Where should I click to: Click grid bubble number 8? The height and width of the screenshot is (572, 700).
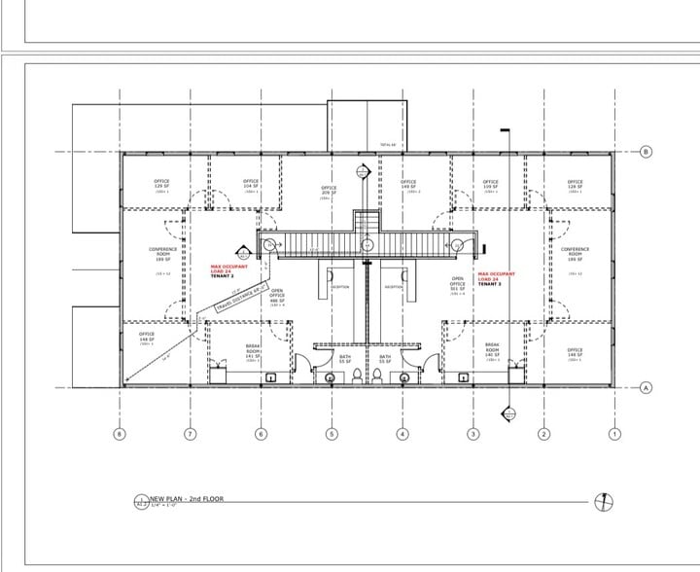pyautogui.click(x=120, y=433)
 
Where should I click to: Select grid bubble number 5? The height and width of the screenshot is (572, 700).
pyautogui.click(x=332, y=433)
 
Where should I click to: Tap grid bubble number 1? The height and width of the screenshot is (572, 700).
pyautogui.click(x=613, y=433)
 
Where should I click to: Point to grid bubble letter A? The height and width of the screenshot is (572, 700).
pyautogui.click(x=646, y=387)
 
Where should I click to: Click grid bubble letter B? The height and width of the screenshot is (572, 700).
pyautogui.click(x=646, y=152)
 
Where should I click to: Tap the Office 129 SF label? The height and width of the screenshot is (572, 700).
pyautogui.click(x=161, y=183)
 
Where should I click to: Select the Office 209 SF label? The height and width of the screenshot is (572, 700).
pyautogui.click(x=329, y=192)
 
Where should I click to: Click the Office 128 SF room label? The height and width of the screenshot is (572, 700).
pyautogui.click(x=575, y=184)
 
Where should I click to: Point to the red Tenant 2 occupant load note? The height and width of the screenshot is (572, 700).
pyautogui.click(x=228, y=269)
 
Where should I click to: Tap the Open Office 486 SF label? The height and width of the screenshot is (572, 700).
pyautogui.click(x=277, y=297)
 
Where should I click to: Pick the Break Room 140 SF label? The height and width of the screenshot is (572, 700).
pyautogui.click(x=492, y=351)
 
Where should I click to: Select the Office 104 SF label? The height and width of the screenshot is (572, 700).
pyautogui.click(x=251, y=183)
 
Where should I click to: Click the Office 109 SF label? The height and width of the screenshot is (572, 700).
pyautogui.click(x=491, y=184)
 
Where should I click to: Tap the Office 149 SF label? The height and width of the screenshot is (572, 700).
pyautogui.click(x=408, y=184)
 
